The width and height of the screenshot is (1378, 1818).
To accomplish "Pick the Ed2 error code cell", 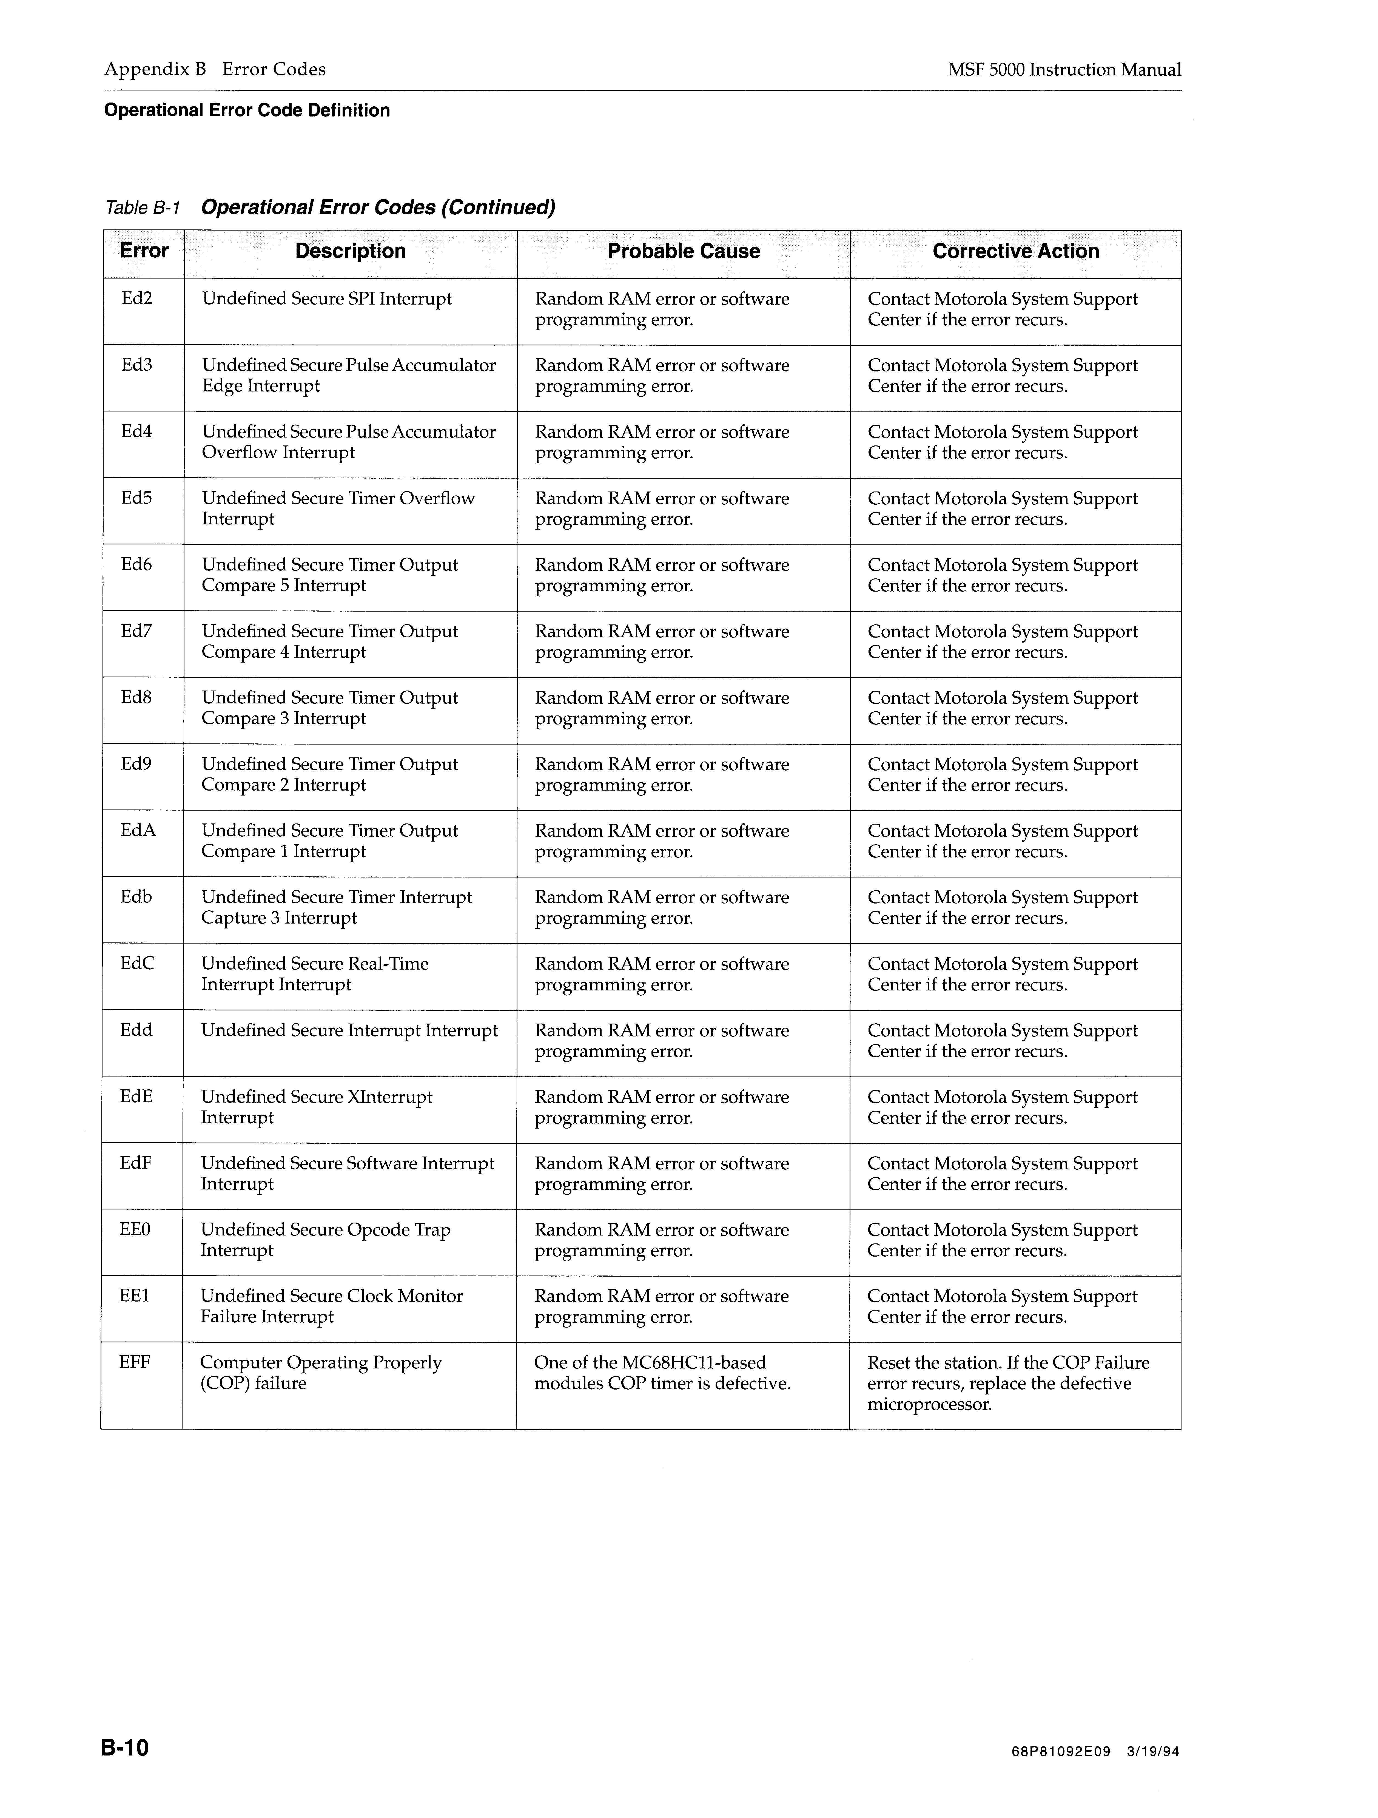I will (x=137, y=299).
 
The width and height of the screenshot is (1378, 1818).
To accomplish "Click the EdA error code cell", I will (x=138, y=831).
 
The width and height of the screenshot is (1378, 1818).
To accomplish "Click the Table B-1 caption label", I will (x=142, y=208).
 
